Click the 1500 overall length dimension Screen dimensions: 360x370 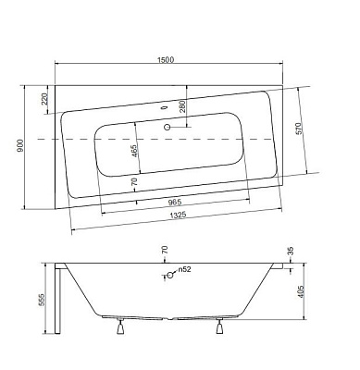tap(166, 59)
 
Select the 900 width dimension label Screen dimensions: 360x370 tap(20, 145)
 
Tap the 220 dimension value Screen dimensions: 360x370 tap(44, 99)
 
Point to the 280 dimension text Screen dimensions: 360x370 tap(182, 106)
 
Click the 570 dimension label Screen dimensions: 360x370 tap(299, 129)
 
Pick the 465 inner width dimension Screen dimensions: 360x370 tap(135, 151)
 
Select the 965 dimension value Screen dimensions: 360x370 tap(175, 203)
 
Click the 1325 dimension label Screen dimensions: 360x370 tap(178, 215)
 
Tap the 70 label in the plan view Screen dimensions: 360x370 tap(134, 181)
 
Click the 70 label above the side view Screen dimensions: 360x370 tap(165, 249)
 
